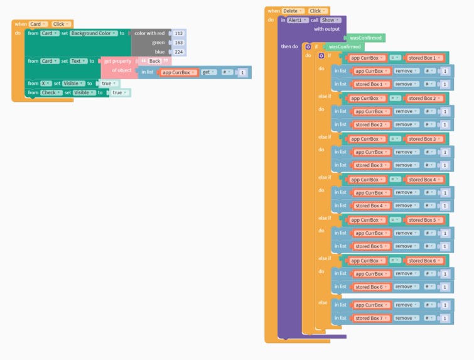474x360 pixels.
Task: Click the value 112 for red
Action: pyautogui.click(x=179, y=33)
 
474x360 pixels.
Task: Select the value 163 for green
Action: pyautogui.click(x=179, y=43)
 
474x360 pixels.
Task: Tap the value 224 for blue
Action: pyautogui.click(x=179, y=52)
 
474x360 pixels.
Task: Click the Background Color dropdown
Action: pyautogui.click(x=94, y=33)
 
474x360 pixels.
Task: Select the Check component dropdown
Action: pyautogui.click(x=50, y=93)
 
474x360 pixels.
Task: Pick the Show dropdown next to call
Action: pyautogui.click(x=331, y=20)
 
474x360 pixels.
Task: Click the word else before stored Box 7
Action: pyautogui.click(x=323, y=303)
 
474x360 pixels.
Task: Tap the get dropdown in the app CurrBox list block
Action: pyautogui.click(x=208, y=72)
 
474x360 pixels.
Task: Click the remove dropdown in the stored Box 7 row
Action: pyautogui.click(x=406, y=319)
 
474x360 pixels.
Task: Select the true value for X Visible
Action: pyautogui.click(x=109, y=84)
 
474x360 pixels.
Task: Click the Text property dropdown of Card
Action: pyautogui.click(x=79, y=61)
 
